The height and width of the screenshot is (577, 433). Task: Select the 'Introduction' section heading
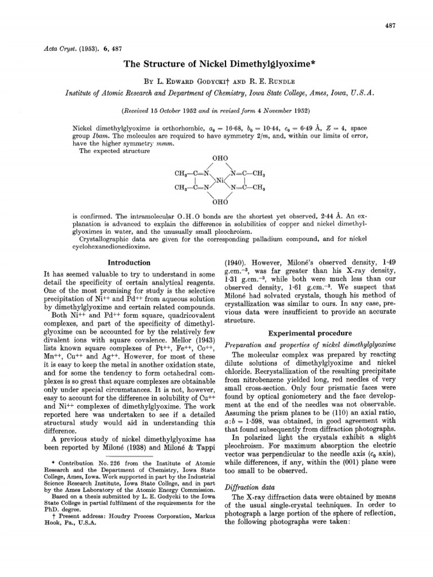(x=129, y=263)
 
